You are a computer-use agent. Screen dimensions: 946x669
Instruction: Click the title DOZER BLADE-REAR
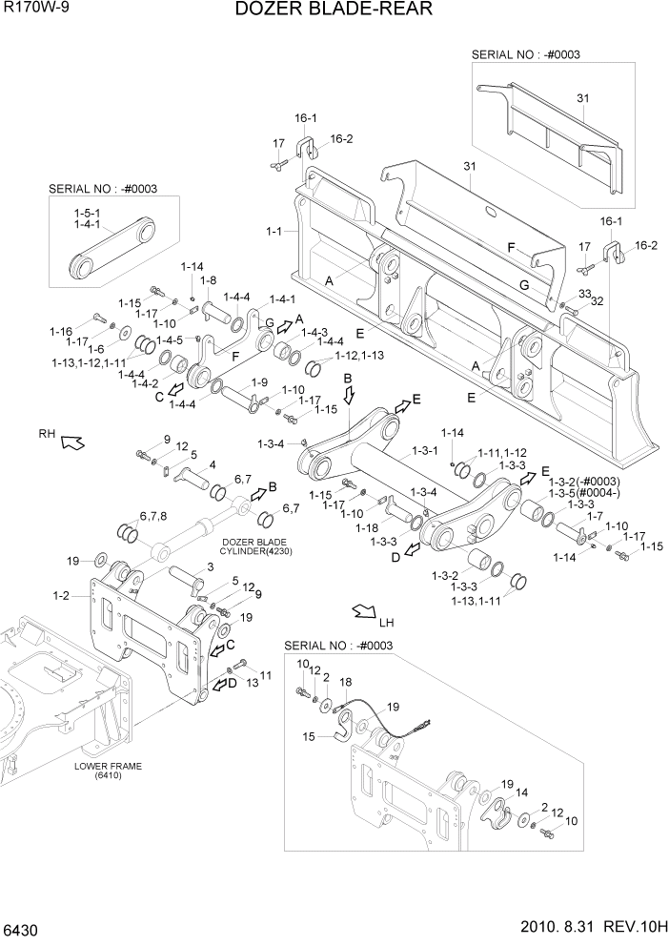[334, 10]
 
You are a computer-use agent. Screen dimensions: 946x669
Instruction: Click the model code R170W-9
[35, 9]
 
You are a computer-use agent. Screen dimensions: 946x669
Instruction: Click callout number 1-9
[258, 382]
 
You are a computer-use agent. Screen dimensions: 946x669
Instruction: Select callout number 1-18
[366, 527]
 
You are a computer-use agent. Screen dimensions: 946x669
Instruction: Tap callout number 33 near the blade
[584, 294]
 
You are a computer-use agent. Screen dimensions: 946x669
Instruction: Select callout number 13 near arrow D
[253, 683]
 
